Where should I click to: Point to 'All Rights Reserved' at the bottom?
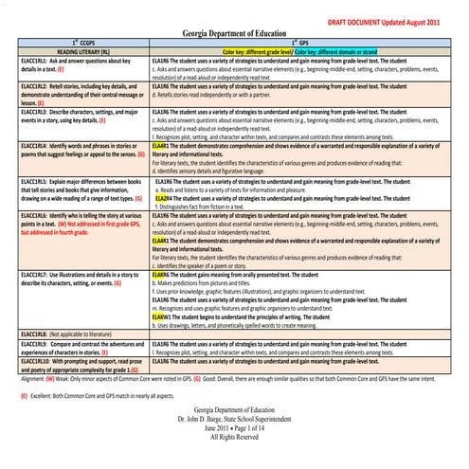pyautogui.click(x=234, y=438)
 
